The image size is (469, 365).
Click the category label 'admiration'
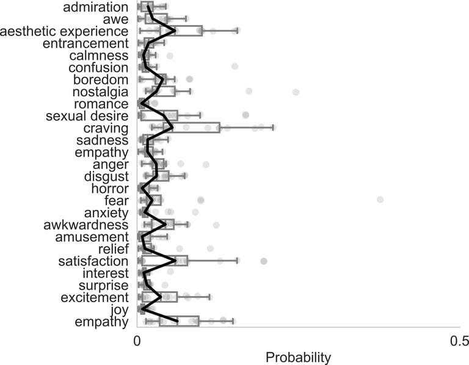coord(96,7)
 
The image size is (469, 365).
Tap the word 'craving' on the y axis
coord(107,128)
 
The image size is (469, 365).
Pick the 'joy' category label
coord(118,310)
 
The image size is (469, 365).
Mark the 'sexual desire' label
coord(87,116)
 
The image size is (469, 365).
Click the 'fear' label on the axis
coord(117,201)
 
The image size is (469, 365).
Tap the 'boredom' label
coord(101,79)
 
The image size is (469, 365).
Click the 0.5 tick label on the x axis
coord(459,340)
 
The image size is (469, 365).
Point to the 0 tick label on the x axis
coord(137,340)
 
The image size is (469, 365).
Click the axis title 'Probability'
coord(298,357)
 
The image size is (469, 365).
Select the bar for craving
coord(180,128)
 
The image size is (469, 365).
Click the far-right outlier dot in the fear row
coord(380,200)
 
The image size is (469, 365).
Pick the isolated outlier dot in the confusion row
coord(234,66)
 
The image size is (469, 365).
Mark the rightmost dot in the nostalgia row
coord(296,92)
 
